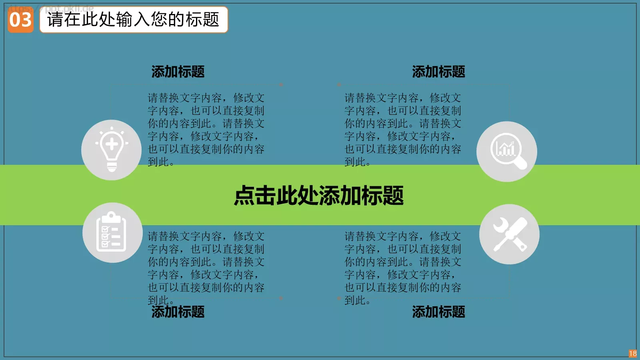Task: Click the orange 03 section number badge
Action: (20, 20)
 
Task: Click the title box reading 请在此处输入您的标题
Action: (134, 20)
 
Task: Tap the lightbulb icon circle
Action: (111, 150)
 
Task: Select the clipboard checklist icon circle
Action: (112, 233)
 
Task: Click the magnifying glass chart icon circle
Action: (507, 152)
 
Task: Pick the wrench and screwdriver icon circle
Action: (509, 234)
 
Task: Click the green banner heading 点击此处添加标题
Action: (319, 196)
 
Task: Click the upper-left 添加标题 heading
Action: (178, 72)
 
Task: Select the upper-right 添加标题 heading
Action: (438, 72)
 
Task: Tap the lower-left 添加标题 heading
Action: (178, 312)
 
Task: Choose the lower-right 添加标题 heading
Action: (438, 312)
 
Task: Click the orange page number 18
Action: (632, 354)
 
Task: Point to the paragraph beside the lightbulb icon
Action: (206, 130)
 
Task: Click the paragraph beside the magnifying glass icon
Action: (403, 130)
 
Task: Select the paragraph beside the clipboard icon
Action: (206, 268)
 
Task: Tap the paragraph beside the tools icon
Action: (403, 268)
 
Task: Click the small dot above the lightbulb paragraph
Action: (281, 85)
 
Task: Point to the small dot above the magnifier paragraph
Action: (339, 85)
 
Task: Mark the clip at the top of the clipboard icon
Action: (112, 217)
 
